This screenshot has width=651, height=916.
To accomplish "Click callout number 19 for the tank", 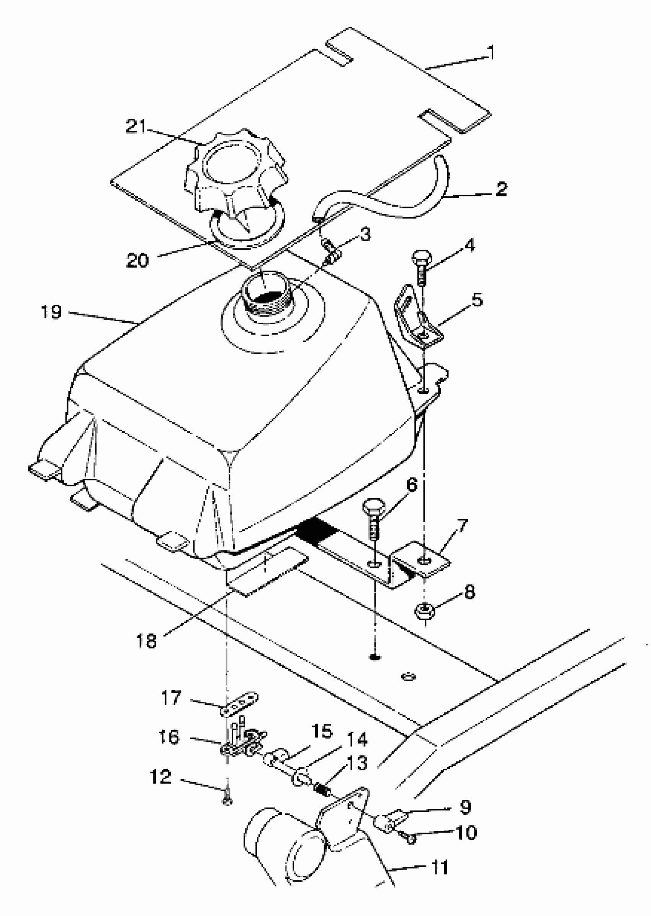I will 51,312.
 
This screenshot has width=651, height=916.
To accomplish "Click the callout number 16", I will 169,737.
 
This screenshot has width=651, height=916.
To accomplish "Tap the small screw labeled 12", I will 227,801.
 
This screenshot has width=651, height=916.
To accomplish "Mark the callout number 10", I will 466,833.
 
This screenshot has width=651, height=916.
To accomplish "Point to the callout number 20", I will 137,261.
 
